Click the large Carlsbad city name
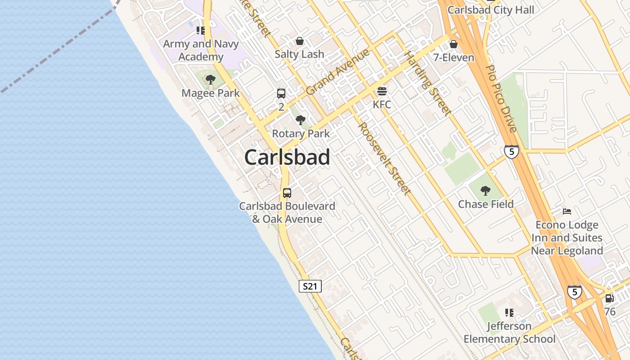click(x=287, y=157)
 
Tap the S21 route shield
click(x=310, y=286)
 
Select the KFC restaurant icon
click(x=382, y=92)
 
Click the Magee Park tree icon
click(x=210, y=80)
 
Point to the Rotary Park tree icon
click(x=301, y=120)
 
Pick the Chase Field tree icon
click(x=486, y=191)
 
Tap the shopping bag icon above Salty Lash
click(x=300, y=41)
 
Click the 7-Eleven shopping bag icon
click(x=454, y=44)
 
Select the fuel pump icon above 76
click(x=610, y=298)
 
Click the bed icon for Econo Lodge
click(x=567, y=211)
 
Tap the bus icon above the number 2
click(x=281, y=94)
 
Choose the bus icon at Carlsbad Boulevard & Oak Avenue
click(x=287, y=193)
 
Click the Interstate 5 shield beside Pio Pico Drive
click(x=511, y=151)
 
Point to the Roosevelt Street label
click(x=384, y=159)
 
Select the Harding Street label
click(x=427, y=83)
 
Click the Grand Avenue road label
click(x=337, y=72)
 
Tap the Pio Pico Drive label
click(x=501, y=99)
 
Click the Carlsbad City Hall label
click(x=491, y=10)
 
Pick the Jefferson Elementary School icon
click(x=509, y=312)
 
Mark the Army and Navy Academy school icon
click(x=201, y=31)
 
